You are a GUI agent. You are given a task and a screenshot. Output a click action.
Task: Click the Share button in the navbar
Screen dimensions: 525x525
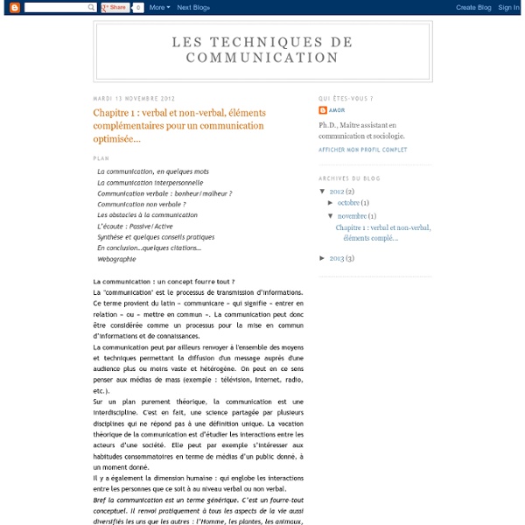[115, 7]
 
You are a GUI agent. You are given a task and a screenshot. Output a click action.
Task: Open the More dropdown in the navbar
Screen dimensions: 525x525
[158, 7]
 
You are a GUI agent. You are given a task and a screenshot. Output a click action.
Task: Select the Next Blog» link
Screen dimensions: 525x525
[194, 7]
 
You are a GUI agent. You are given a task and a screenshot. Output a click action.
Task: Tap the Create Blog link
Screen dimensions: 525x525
[472, 7]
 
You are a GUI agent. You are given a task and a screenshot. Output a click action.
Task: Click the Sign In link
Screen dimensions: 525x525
[508, 7]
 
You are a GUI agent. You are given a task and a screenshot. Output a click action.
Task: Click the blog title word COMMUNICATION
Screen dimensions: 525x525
[262, 58]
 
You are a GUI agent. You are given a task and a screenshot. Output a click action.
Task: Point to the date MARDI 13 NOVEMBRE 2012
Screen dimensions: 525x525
[133, 99]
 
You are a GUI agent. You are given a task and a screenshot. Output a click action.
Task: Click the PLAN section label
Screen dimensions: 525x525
[101, 158]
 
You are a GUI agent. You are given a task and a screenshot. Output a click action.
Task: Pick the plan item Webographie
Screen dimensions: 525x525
[116, 260]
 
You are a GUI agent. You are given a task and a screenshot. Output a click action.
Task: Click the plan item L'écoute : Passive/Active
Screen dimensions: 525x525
[135, 227]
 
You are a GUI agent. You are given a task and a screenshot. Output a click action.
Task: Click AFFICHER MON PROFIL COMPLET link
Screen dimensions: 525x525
[362, 150]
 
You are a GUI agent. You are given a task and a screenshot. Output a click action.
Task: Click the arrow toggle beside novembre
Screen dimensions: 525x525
[331, 215]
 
